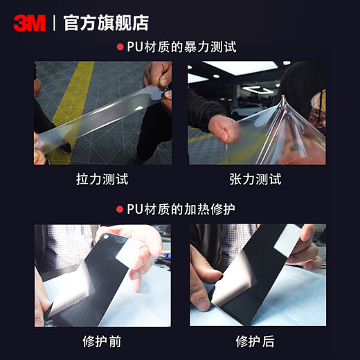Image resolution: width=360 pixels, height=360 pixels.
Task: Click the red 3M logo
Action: pos(29,23)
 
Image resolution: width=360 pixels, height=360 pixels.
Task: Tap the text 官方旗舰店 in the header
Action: pos(105,23)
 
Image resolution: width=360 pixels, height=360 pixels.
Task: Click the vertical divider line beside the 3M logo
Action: pos(54,23)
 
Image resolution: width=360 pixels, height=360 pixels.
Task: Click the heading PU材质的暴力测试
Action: pos(181,48)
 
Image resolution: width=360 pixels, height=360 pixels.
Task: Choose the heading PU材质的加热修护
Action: pos(181,208)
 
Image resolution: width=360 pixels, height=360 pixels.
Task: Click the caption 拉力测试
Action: pos(102,179)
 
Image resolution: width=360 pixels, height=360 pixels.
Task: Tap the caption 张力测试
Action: pos(255,179)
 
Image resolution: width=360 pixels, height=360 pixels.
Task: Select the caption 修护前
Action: pos(102,341)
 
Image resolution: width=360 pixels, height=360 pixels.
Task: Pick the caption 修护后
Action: pos(255,341)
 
